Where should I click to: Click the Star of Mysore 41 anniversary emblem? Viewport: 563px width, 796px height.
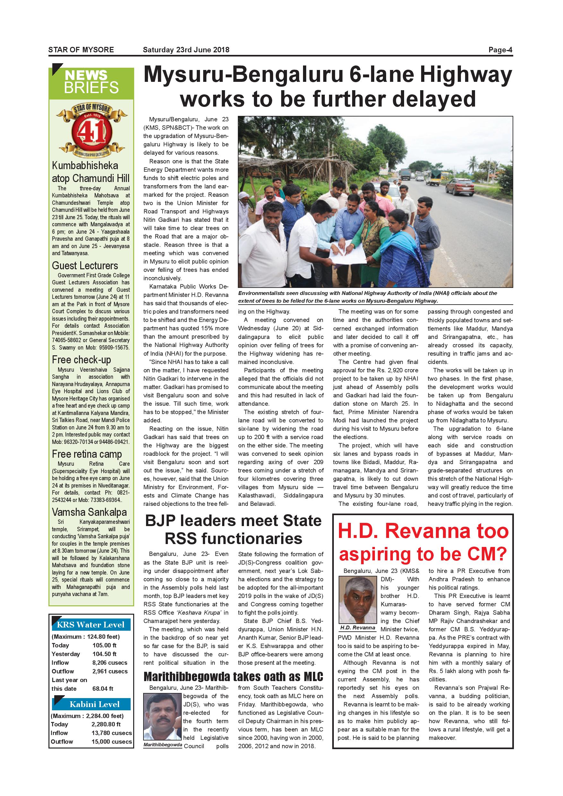click(91, 130)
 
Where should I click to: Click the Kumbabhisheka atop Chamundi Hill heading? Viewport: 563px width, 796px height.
click(91, 172)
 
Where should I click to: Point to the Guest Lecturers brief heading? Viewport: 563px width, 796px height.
click(85, 265)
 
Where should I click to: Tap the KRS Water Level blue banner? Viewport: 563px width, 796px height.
click(91, 624)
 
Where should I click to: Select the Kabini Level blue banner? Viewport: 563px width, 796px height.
click(94, 704)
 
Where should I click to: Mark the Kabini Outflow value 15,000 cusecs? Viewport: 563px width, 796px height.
click(112, 741)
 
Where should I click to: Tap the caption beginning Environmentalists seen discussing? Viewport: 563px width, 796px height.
click(368, 297)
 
